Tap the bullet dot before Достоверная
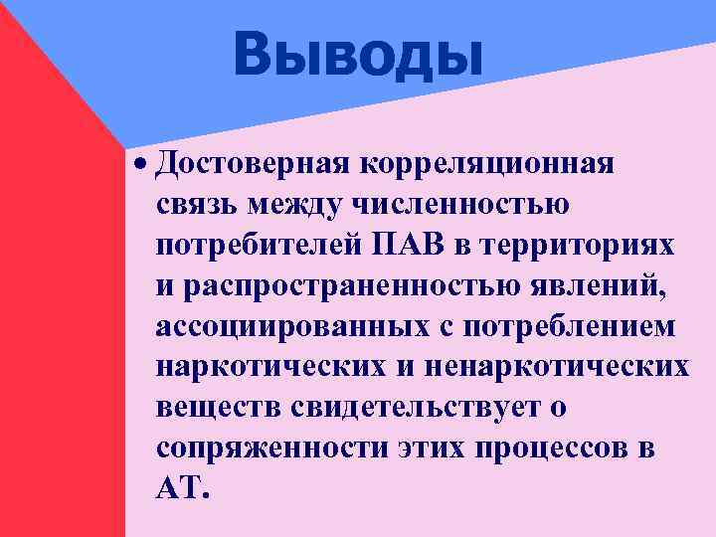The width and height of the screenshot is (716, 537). click(144, 161)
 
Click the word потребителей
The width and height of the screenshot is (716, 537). click(257, 244)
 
